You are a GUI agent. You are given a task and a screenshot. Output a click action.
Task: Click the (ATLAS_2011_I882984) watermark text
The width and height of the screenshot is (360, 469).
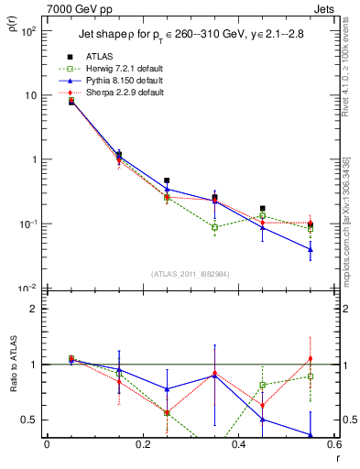[x=190, y=274]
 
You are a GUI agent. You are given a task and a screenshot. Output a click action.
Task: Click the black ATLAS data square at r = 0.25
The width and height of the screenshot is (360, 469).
[x=167, y=181]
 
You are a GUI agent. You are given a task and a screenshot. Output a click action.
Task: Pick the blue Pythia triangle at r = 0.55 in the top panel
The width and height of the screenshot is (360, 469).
[x=311, y=249]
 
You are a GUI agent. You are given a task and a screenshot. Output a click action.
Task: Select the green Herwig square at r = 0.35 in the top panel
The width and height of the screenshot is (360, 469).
[x=214, y=227]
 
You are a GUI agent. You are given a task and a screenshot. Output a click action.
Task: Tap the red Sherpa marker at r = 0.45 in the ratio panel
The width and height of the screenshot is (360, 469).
[x=263, y=405]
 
